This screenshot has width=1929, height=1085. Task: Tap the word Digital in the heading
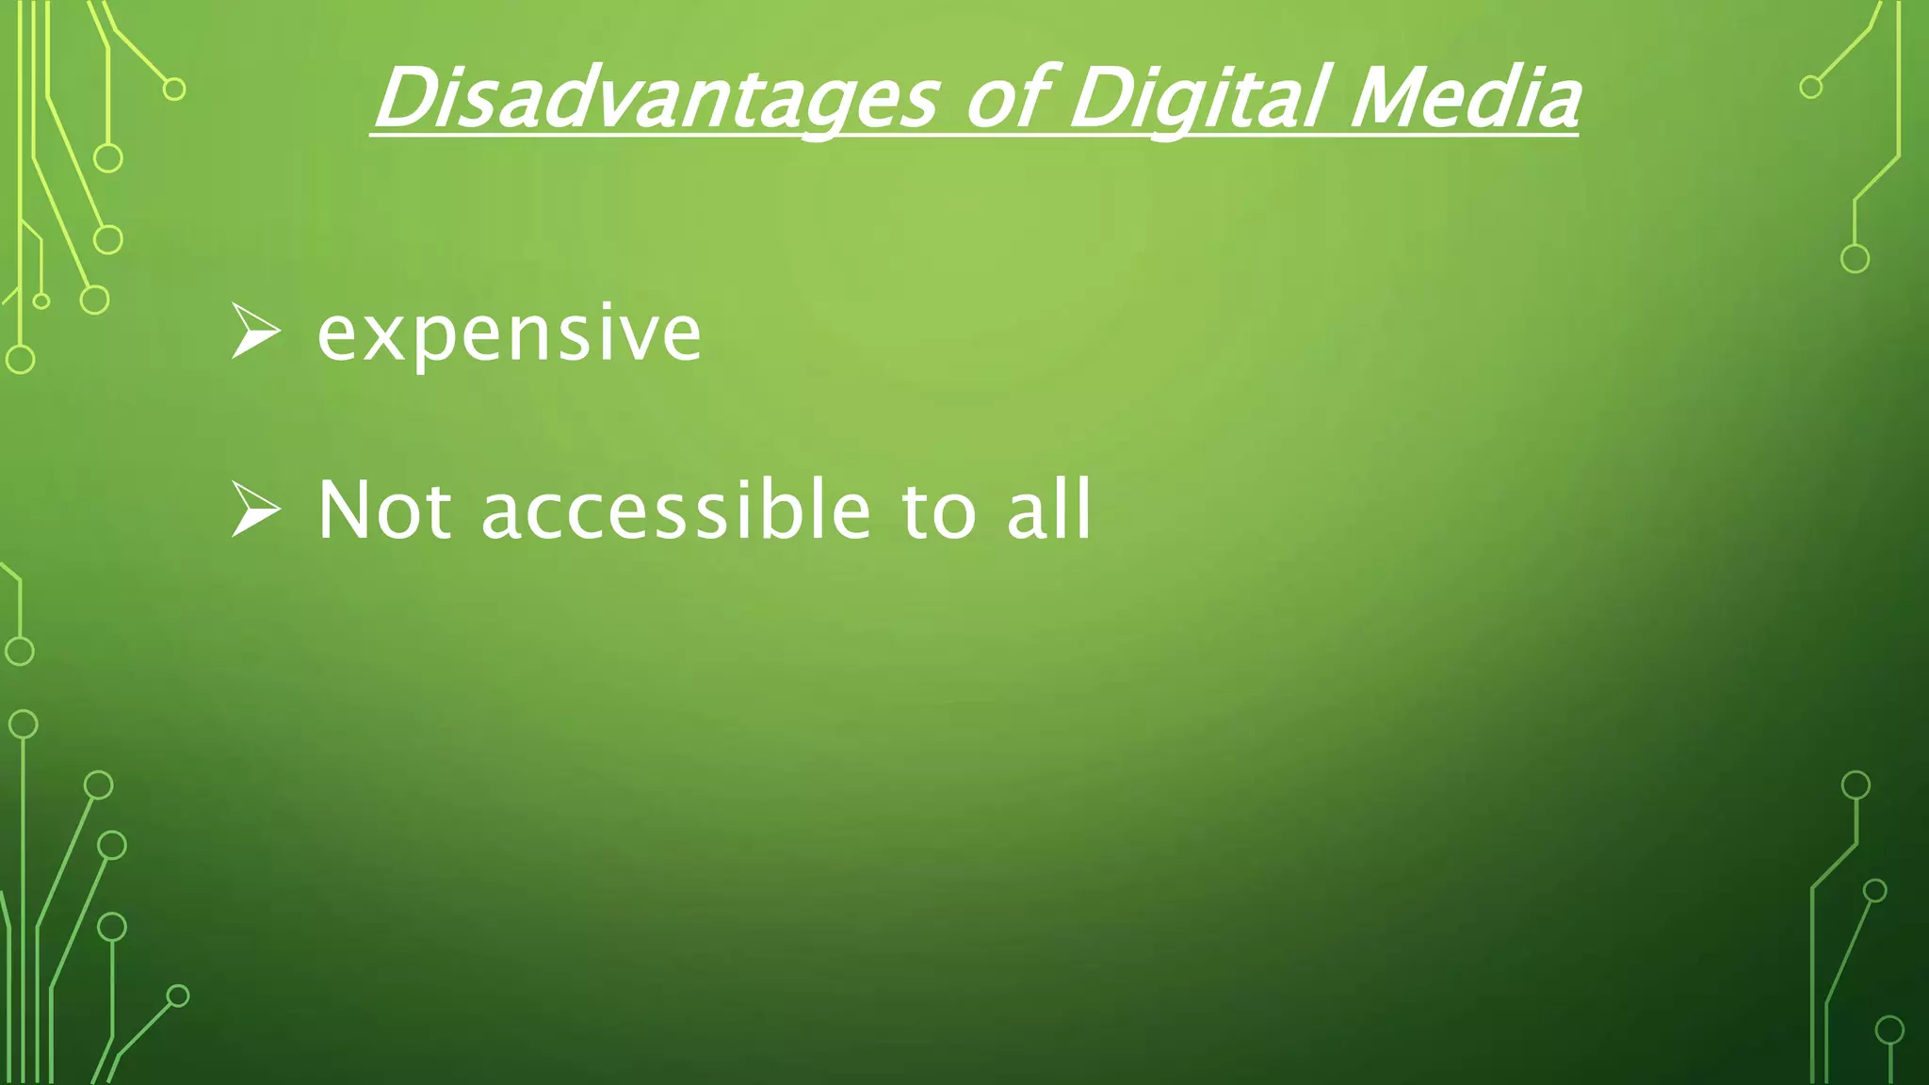pos(1198,99)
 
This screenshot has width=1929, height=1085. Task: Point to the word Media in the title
pos(1465,99)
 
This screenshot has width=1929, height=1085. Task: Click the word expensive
pos(509,334)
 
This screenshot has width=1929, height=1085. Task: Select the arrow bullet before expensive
pos(255,332)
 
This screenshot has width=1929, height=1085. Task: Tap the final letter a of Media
pos(1554,105)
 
